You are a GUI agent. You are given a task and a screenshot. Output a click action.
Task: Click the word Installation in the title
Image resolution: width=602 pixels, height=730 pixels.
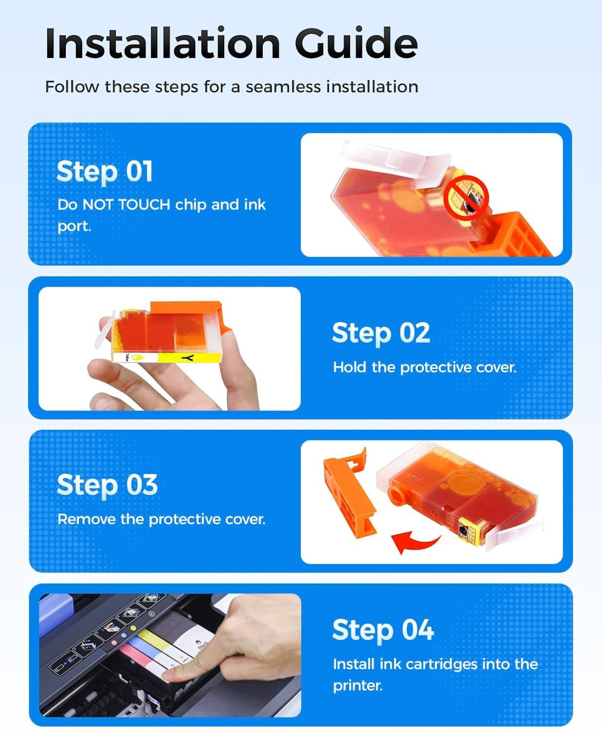pyautogui.click(x=163, y=44)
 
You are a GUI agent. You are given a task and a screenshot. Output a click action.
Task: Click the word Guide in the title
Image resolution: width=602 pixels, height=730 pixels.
pyautogui.click(x=356, y=43)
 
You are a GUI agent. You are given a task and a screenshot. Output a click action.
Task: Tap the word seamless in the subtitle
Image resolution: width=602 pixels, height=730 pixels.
pyautogui.click(x=283, y=87)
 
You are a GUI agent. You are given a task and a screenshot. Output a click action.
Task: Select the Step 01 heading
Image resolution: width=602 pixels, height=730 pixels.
pyautogui.click(x=105, y=171)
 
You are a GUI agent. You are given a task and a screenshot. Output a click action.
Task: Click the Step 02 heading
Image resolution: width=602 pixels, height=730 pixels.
pyautogui.click(x=381, y=333)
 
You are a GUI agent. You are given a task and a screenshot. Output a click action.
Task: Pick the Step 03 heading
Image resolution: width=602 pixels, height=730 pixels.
pyautogui.click(x=108, y=485)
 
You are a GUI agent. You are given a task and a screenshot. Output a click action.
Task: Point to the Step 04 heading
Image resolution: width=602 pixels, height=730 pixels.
pyautogui.click(x=383, y=631)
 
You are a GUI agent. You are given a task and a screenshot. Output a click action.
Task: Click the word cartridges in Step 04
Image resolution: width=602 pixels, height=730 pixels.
pyautogui.click(x=442, y=664)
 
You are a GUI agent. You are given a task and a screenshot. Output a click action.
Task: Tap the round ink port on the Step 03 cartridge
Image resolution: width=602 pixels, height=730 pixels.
pyautogui.click(x=397, y=495)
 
